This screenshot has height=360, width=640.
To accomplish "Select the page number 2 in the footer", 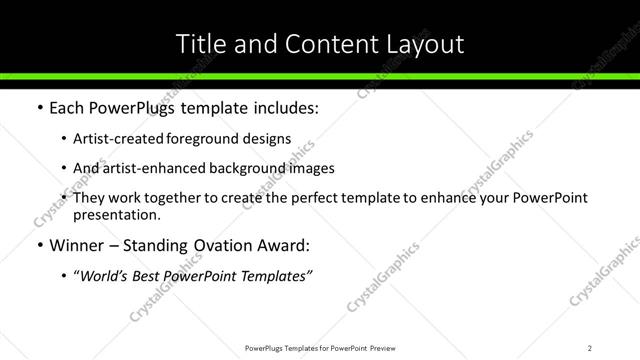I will pyautogui.click(x=590, y=347).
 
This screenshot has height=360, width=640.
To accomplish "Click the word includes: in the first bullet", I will pyautogui.click(x=286, y=108).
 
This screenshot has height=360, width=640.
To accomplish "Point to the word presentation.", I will pyautogui.click(x=115, y=214).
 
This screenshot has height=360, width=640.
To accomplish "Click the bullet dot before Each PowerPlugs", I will pyautogui.click(x=39, y=108).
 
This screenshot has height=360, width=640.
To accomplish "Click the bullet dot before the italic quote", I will pyautogui.click(x=65, y=276).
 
